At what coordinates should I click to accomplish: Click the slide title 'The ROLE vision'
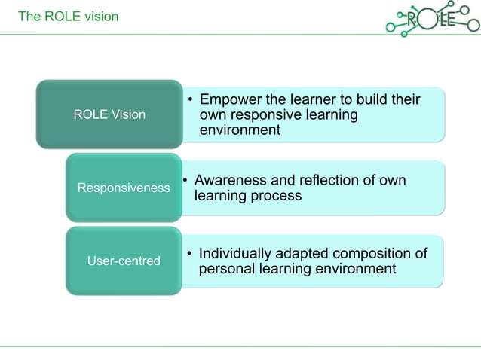[69, 16]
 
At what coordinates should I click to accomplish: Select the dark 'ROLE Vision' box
[109, 114]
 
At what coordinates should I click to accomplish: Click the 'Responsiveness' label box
[124, 188]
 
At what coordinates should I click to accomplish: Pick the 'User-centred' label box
[124, 261]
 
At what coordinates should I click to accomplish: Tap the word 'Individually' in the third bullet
[239, 253]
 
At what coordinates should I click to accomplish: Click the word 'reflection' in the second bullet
[323, 181]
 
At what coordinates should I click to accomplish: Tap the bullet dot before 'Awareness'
[186, 181]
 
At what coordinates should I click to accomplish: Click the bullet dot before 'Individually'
[191, 254]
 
